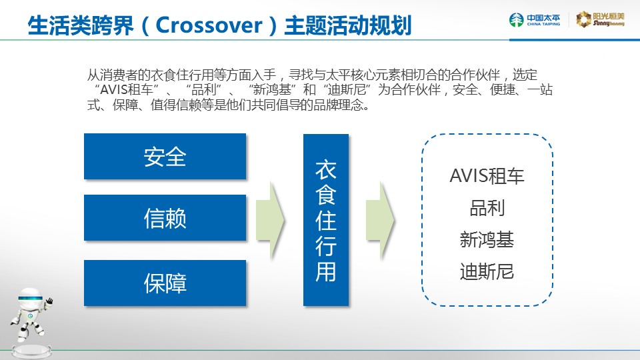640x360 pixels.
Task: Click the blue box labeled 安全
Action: click(x=165, y=156)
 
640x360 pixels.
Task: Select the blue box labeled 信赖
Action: click(x=165, y=217)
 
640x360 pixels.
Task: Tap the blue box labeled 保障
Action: click(x=165, y=283)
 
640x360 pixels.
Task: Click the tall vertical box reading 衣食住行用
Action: click(x=326, y=220)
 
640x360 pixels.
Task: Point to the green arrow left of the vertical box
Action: click(x=270, y=221)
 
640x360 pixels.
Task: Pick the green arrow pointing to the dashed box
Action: click(x=380, y=221)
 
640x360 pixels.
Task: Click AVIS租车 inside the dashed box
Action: click(x=487, y=176)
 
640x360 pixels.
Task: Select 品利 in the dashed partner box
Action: click(x=487, y=208)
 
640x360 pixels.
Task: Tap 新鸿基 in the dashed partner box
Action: click(x=487, y=239)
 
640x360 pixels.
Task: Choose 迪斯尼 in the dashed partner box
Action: click(x=487, y=271)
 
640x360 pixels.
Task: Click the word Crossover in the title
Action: click(x=209, y=25)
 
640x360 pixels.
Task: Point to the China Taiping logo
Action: click(x=535, y=19)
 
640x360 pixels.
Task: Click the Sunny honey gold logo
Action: click(x=600, y=19)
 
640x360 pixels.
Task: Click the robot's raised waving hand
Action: click(x=49, y=301)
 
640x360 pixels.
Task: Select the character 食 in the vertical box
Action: click(x=326, y=194)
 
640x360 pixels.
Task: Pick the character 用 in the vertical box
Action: click(x=326, y=271)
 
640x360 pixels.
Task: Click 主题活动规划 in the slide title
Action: click(x=348, y=25)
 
